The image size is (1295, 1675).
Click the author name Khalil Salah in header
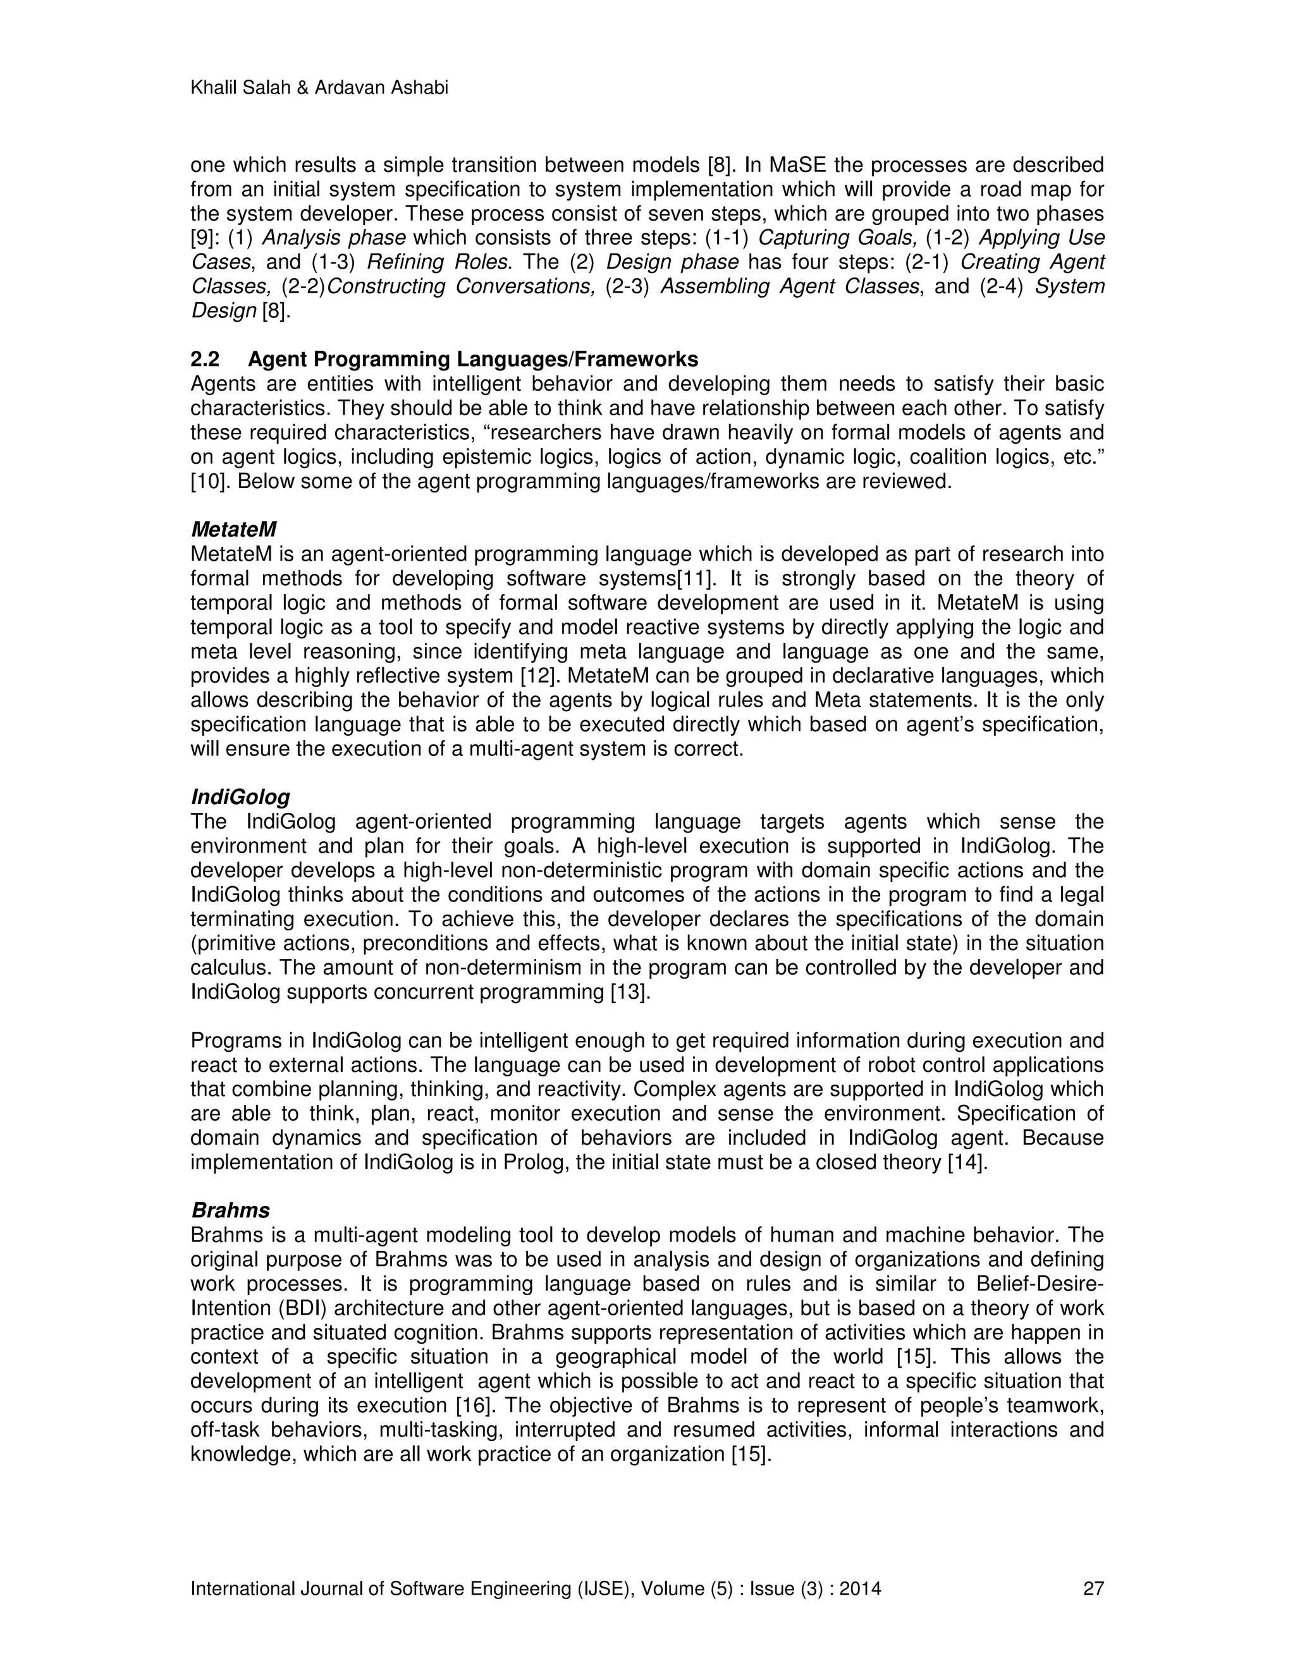(x=238, y=88)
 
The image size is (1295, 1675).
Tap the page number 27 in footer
(x=1093, y=1588)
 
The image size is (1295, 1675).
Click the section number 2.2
(x=204, y=359)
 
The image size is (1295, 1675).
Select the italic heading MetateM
(x=233, y=529)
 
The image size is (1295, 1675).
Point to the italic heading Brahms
(x=230, y=1210)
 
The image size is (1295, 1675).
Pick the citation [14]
(x=967, y=1162)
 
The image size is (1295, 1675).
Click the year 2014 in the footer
(x=860, y=1588)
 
